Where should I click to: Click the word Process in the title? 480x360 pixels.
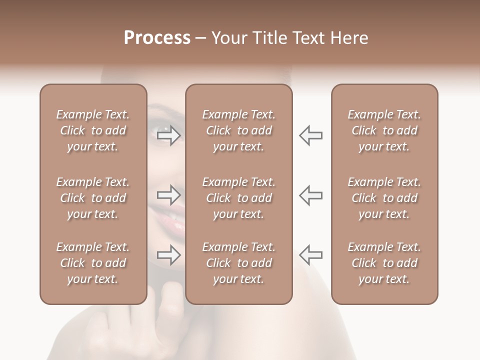157,38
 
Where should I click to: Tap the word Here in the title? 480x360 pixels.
348,38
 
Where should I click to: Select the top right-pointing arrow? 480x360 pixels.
169,135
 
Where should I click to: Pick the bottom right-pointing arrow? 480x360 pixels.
169,254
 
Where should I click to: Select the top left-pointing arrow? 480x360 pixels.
310,135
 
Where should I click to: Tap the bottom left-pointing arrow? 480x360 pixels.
310,254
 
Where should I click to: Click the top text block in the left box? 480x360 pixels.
93,130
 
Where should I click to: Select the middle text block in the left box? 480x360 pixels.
93,198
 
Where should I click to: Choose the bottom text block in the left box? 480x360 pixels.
93,263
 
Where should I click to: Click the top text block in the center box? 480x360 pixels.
238,130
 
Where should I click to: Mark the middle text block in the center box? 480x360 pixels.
238,198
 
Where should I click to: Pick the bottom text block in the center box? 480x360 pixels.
238,263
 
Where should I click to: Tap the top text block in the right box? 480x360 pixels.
384,130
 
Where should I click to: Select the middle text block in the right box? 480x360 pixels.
384,198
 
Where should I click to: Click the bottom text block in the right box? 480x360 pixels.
384,263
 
